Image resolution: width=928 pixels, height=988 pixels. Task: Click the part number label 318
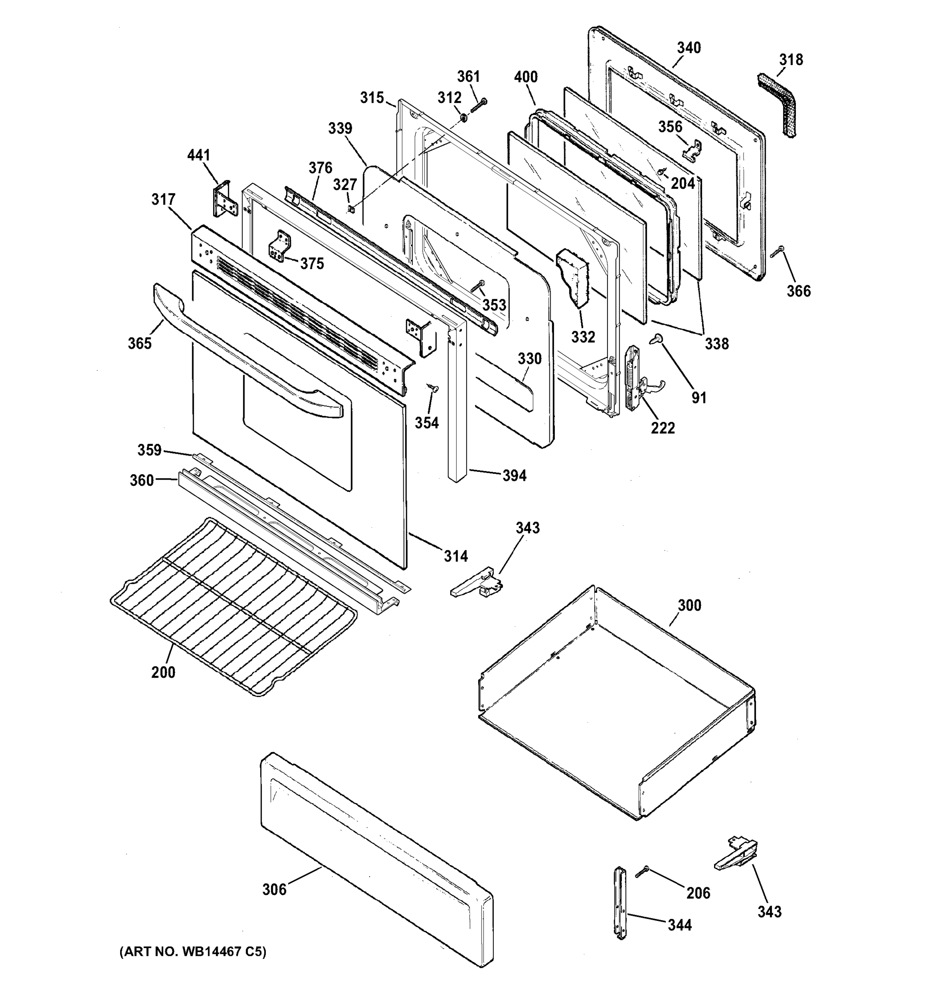point(791,60)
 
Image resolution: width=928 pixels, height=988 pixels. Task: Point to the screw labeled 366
point(777,252)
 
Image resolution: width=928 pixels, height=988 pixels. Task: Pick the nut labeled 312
point(463,118)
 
